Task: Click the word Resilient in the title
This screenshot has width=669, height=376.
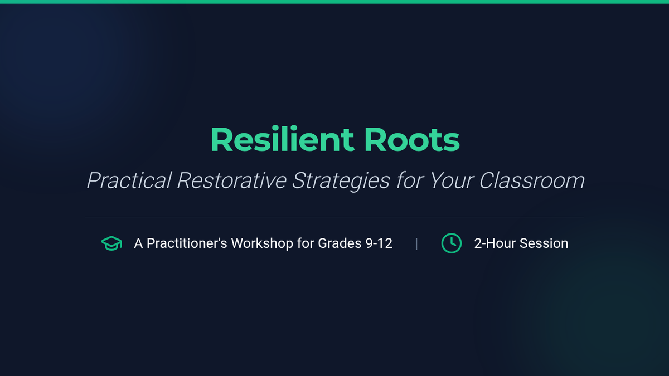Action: pos(282,139)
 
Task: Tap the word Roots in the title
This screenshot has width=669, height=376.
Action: pos(412,140)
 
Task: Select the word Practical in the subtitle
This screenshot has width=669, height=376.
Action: pos(129,180)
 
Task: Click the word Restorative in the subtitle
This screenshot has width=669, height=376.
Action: pos(232,180)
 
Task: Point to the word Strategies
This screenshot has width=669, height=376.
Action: pos(341,181)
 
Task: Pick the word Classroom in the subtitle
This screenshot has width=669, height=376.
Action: pos(532,180)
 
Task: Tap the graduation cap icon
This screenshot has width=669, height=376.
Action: pos(111,243)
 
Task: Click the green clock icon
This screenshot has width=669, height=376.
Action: pos(451,243)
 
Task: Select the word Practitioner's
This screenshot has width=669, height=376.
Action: pos(187,243)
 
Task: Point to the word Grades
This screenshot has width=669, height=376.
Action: pos(340,243)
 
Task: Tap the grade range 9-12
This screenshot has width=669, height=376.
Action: pos(379,243)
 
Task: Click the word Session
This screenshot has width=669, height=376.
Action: pos(544,243)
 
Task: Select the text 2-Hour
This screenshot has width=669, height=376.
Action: pos(495,243)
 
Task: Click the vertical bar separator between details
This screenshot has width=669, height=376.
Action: pos(416,244)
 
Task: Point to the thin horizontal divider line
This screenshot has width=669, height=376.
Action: pos(334,217)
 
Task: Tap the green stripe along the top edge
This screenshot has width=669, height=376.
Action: pos(334,2)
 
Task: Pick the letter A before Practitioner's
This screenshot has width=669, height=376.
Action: pos(138,243)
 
